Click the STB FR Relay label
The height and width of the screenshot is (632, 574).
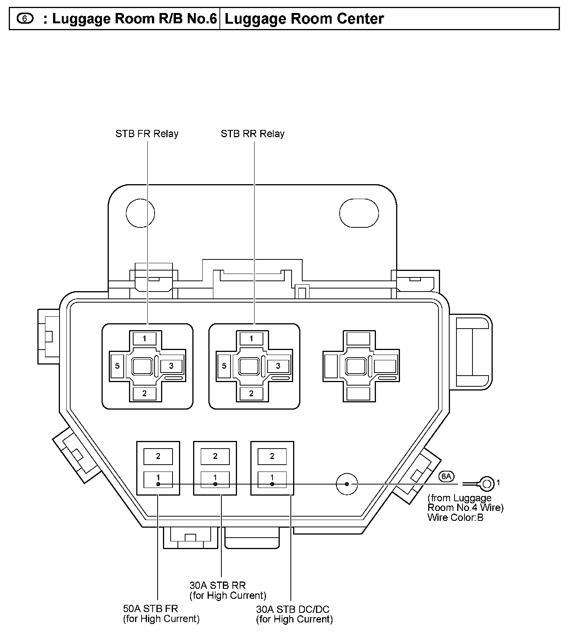click(x=147, y=134)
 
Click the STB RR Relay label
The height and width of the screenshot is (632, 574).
click(x=252, y=134)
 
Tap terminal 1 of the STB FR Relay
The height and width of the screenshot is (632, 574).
click(x=144, y=339)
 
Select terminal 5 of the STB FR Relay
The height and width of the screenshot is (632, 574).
click(x=117, y=366)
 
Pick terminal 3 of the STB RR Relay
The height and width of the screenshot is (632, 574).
click(x=278, y=366)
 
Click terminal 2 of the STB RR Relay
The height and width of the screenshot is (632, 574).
click(x=251, y=394)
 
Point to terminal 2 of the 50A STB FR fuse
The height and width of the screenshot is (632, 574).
click(x=158, y=456)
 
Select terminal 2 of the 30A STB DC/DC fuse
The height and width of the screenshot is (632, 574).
click(x=272, y=456)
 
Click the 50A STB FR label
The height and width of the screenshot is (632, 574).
click(x=150, y=608)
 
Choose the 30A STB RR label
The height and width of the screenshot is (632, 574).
click(x=218, y=585)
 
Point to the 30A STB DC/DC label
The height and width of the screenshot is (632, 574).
click(x=293, y=609)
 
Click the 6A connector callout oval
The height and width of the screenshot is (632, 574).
click(x=446, y=476)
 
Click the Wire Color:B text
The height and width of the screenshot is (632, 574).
click(x=455, y=518)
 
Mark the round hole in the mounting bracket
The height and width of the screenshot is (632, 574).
click(x=140, y=213)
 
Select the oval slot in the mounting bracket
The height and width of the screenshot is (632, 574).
click(x=359, y=213)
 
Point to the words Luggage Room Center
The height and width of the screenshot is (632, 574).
click(x=304, y=18)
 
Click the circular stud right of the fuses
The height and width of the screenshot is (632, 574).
click(x=347, y=484)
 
